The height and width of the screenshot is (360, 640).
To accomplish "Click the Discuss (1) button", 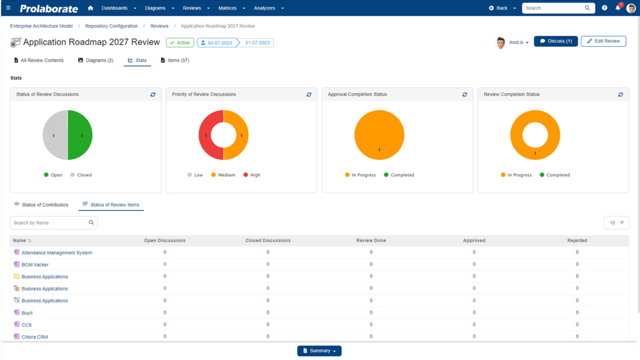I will (x=556, y=41).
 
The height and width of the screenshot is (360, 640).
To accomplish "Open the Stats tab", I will (x=137, y=60).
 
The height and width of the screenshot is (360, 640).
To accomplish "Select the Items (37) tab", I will (x=175, y=60).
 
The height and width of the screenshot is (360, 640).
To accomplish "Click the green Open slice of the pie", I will (x=80, y=135).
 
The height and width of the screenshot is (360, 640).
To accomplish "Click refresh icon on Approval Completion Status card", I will (x=465, y=95).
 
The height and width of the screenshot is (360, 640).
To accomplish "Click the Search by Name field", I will (x=50, y=223).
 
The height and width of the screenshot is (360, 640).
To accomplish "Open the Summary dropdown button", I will (x=319, y=351).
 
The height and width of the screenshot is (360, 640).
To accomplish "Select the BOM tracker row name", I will (x=35, y=265).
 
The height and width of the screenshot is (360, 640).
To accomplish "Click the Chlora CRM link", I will (x=35, y=337).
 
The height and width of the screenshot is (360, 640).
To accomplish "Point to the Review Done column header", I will (x=371, y=241).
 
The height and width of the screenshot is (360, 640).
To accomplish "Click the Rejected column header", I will (x=577, y=241).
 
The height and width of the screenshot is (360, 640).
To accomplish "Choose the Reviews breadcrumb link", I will (x=159, y=26).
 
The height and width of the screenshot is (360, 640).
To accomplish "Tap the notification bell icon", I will (x=618, y=8).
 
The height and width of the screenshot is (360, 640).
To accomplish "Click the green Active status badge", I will (x=180, y=43).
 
